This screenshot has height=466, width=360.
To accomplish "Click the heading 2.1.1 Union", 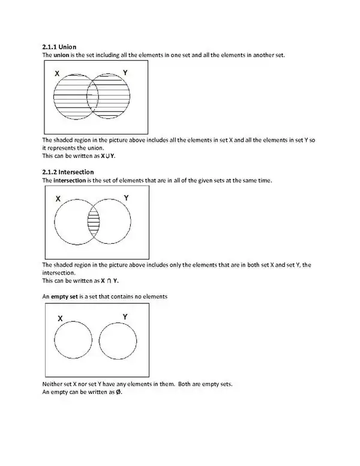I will coord(59,46).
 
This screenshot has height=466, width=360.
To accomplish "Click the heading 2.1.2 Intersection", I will coord(68,172).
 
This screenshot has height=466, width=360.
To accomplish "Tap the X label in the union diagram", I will coord(56,73).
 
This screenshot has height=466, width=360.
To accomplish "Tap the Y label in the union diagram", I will coord(124,72).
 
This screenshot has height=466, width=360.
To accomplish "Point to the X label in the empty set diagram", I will coord(60,318).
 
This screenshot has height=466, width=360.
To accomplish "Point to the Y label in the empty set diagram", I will coord(125,316).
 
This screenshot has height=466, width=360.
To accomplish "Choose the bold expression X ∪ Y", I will coord(108,156).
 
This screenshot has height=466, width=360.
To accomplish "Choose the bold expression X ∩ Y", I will coord(109,280).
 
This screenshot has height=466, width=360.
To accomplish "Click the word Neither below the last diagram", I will coord(52,383).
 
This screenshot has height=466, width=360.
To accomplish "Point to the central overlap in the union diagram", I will coord(92,96).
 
